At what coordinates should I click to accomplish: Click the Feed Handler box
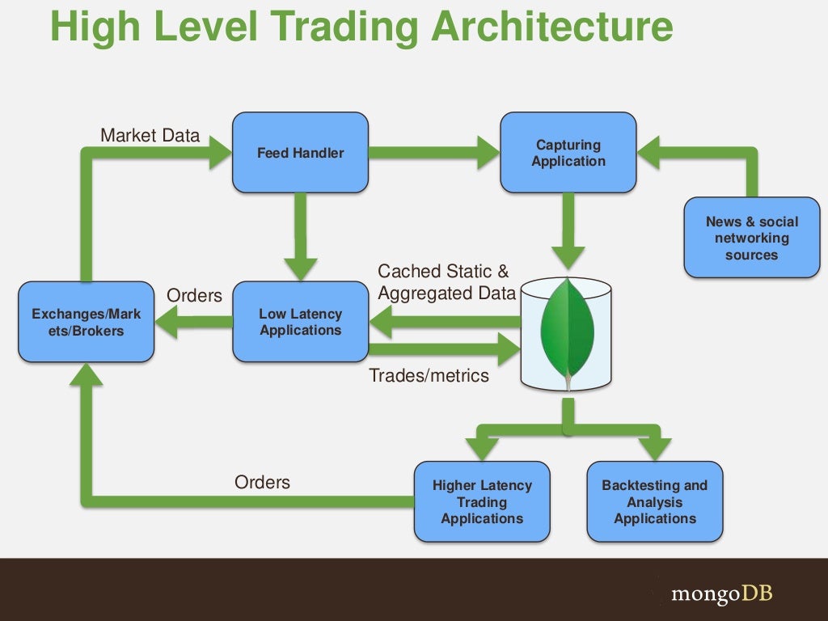pos(300,153)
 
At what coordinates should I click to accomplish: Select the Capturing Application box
pos(568,153)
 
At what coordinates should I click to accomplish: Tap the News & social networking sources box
pos(751,238)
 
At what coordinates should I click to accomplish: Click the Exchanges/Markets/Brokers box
pos(86,322)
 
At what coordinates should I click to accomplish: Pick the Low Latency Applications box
pos(300,322)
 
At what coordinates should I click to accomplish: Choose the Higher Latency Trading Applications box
pos(482,501)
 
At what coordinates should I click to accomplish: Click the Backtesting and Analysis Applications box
pos(654,501)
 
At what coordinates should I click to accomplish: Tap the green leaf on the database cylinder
pos(567,332)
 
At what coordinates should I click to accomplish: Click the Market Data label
pos(150,135)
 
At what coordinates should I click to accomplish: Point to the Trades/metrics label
pos(429,375)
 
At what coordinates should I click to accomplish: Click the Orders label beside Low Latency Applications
pos(194,296)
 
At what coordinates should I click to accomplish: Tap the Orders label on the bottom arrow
pos(262,483)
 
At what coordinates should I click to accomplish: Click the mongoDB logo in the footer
pos(722,594)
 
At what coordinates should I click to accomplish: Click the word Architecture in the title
pos(551,27)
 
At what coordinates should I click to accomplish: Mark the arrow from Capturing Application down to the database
pos(568,230)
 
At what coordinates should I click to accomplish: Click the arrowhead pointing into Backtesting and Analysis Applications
pos(654,448)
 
